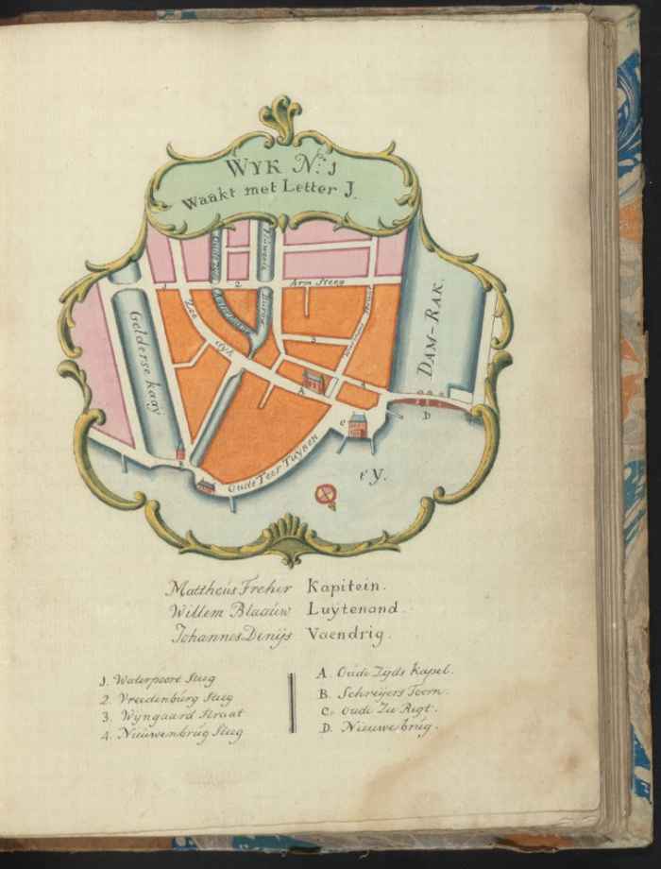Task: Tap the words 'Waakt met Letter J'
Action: point(280,198)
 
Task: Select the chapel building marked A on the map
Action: point(314,382)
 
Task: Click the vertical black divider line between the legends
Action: point(292,702)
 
